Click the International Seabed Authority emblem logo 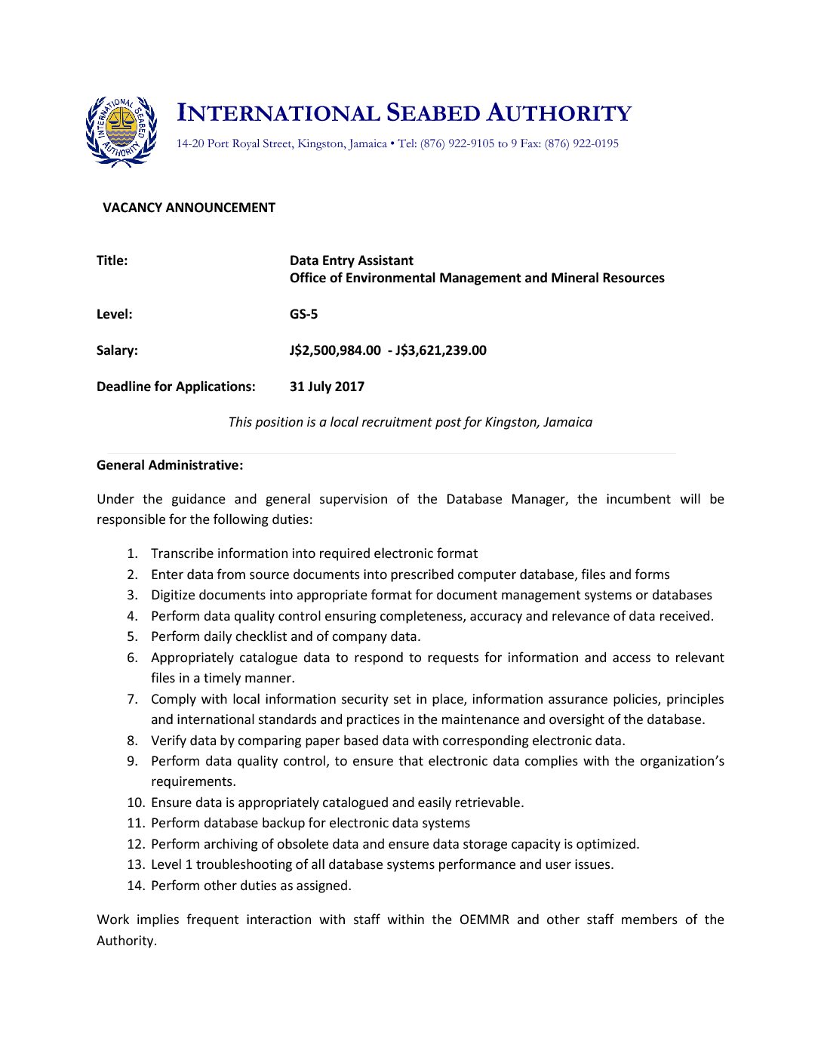121,131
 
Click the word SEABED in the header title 433,113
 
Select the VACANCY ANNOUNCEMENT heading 189,208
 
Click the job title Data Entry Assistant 352,260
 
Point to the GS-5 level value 303,314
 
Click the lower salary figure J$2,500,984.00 335,350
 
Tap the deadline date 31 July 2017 327,387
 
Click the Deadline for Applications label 176,387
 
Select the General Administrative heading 170,465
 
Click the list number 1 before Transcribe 132,553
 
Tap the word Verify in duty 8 168,741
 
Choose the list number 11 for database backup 135,823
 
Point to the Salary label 117,350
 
